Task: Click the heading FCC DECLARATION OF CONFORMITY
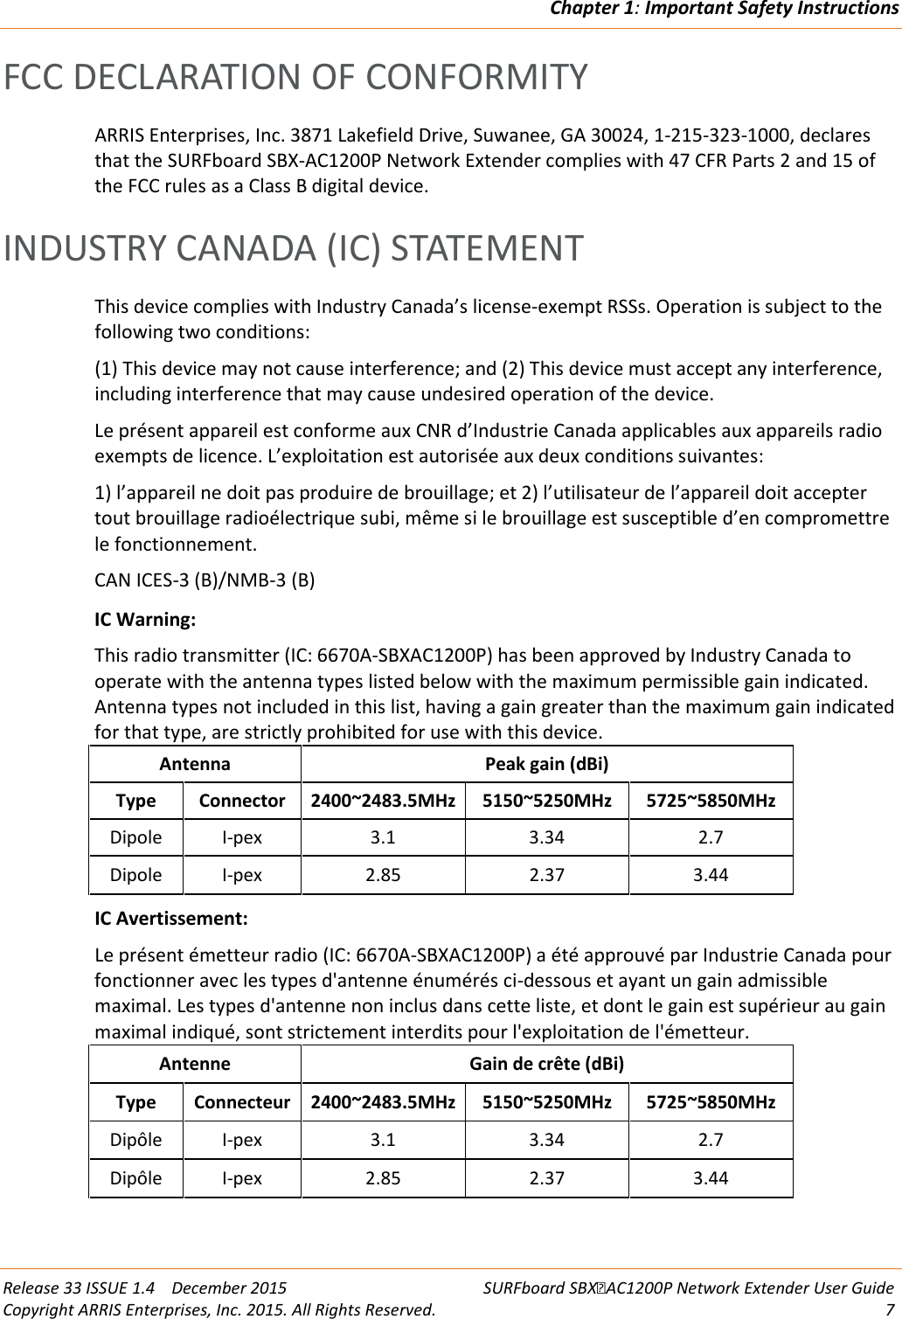[296, 77]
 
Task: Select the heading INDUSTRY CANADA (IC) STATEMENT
[293, 247]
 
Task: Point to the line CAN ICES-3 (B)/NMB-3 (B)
[205, 580]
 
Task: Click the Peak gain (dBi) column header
[547, 764]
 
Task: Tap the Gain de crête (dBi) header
[547, 1065]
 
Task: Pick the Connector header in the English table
[242, 801]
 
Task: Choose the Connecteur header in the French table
[242, 1102]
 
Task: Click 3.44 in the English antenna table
[711, 875]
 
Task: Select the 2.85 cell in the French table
[383, 1177]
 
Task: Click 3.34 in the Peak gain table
[546, 837]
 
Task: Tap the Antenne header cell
[195, 1065]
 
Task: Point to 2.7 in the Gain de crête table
[711, 1140]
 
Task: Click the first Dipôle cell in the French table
[135, 1140]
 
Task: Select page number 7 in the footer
[889, 1309]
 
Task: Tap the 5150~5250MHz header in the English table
[546, 801]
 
